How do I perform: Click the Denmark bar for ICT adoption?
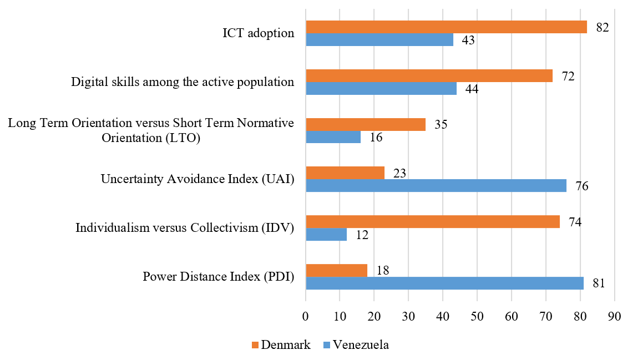coord(446,27)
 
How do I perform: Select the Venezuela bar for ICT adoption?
coord(379,40)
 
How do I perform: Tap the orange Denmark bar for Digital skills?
coord(429,75)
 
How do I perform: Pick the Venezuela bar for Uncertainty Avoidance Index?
coord(436,186)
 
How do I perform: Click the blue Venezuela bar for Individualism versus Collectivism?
coord(326,234)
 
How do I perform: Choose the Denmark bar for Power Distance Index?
coord(337,270)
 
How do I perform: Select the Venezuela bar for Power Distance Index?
coord(444,283)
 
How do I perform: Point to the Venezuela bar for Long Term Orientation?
coord(333,137)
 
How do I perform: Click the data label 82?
coord(602,27)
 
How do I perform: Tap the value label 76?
coord(581,186)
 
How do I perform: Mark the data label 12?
coord(362,235)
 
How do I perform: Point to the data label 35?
coord(440,124)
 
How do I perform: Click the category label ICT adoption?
coord(255,33)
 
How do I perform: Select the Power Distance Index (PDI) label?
coord(218,276)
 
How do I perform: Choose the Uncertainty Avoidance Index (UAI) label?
coord(197,179)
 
